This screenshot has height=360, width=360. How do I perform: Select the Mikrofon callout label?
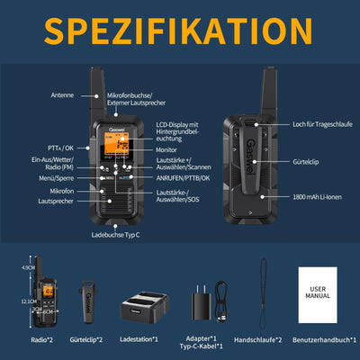tap(61, 191)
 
